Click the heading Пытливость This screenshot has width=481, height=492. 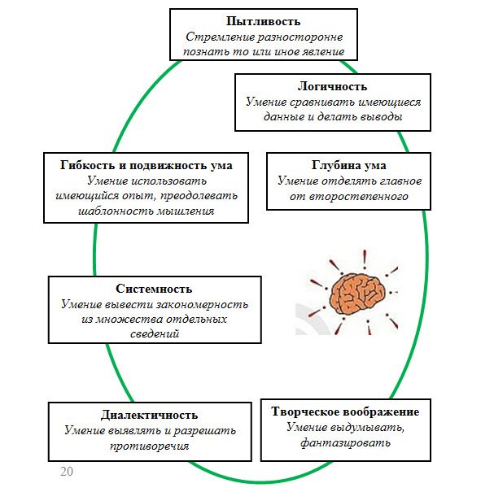pos(263,21)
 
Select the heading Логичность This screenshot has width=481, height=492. pos(333,86)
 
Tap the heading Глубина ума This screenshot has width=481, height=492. pos(349,165)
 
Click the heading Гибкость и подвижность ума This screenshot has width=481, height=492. pos(146,165)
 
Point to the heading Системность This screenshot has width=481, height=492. pos(154,289)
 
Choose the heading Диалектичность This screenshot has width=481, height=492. pos(149,415)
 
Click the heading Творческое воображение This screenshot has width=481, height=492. pos(345,411)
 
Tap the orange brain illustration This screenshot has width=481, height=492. pos(357,293)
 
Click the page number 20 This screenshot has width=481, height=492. pos(67,472)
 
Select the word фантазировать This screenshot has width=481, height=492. pos(345,443)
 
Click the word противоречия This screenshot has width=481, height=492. pos(149,446)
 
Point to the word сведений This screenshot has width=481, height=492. pos(155,334)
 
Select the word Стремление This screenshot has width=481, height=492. pos(220,37)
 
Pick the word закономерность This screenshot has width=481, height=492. pos(202,304)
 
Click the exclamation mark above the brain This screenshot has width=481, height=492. pos(365,259)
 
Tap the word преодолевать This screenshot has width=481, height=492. pos(199,196)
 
